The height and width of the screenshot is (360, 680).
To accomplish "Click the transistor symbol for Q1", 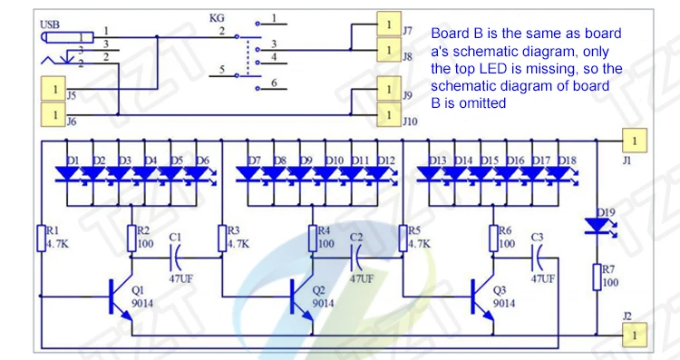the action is pos(120,297).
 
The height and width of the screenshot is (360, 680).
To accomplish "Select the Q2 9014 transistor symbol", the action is pos(300,297).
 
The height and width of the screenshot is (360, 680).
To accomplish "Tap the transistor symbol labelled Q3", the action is pos(481,297).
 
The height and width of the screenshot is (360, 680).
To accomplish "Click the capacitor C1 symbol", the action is pos(175,258).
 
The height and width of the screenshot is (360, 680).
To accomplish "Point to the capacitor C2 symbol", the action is pos(355,258).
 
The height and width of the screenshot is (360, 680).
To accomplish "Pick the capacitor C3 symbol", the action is pos(537,258).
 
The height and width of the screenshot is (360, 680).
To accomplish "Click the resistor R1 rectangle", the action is pos(41,238).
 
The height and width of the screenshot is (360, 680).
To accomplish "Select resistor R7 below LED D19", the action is pos(597,277).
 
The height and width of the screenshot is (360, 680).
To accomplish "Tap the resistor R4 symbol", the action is pos(312,238).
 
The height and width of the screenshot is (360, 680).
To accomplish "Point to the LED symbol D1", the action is pos(67,174).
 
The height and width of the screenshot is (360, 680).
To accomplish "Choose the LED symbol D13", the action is pos(429,174).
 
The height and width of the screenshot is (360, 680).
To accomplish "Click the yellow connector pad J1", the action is pos(635,141).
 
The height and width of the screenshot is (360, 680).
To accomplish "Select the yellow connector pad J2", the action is pos(635,335).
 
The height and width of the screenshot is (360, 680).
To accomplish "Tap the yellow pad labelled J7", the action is pos(389,24).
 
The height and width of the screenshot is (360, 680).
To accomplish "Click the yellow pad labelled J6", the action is pos(53,115).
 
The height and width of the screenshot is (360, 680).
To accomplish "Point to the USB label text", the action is pos(50,24).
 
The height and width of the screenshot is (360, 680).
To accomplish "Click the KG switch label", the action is pos(217,18).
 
